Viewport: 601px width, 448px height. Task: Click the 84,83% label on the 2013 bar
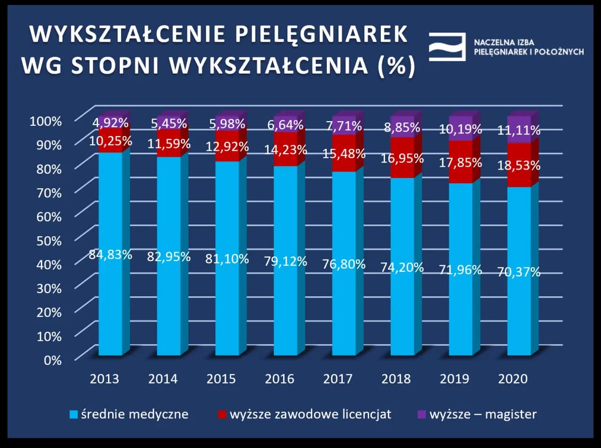110,255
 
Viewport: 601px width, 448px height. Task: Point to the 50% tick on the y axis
49,240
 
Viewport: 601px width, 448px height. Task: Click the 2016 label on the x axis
279,378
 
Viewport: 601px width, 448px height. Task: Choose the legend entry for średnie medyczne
129,414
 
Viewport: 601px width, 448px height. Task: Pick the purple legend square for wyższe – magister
421,415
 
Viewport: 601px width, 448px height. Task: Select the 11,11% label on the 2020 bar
519,130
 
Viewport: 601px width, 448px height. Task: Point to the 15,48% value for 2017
344,153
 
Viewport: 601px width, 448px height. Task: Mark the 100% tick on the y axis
46,121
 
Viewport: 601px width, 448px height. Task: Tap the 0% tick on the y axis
53,360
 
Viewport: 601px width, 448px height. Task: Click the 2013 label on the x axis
104,378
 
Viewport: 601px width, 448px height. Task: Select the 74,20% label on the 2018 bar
402,267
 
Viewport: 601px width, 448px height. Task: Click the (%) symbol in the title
396,65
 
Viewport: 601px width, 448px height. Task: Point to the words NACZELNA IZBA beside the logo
504,42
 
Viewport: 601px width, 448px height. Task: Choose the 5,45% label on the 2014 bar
169,124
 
